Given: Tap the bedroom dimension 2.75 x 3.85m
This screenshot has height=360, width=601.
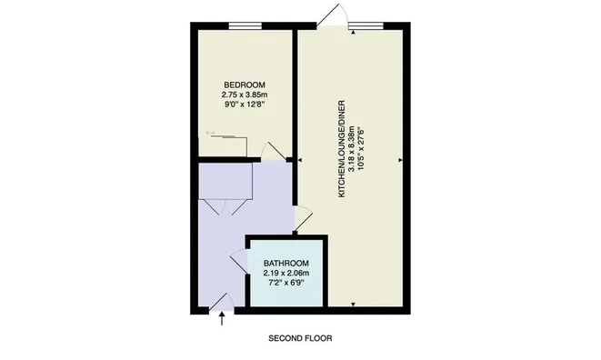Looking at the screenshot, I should [244, 95].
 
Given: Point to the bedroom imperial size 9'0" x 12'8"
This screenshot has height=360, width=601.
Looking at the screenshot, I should [244, 105].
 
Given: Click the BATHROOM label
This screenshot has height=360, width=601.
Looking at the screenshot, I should [286, 264].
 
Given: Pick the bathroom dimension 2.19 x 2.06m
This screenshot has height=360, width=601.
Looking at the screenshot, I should [286, 273].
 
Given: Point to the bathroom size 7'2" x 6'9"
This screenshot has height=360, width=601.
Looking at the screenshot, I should [286, 283].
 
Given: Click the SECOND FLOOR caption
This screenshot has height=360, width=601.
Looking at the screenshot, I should [300, 338].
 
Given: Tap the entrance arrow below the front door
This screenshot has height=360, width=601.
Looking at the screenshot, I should [223, 317].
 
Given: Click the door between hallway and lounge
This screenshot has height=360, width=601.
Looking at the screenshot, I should [304, 218].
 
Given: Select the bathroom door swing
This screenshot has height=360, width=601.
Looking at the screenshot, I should [239, 264].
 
